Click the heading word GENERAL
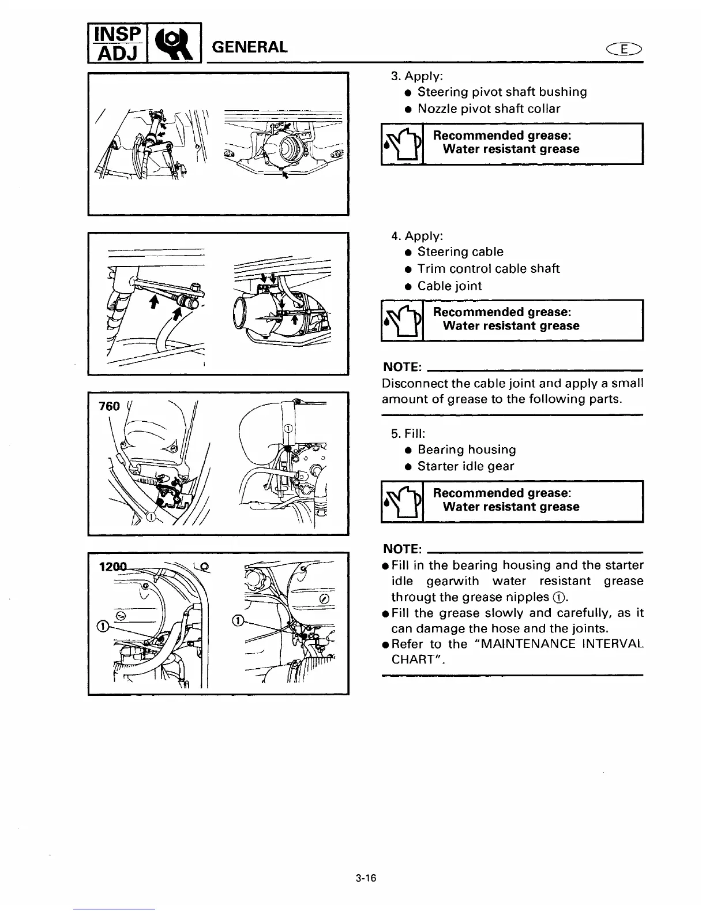pyautogui.click(x=250, y=47)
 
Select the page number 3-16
pyautogui.click(x=366, y=878)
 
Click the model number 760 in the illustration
pyautogui.click(x=110, y=406)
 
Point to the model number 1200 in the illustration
pyautogui.click(x=113, y=567)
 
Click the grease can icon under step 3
pyautogui.click(x=403, y=144)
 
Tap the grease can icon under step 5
pyautogui.click(x=403, y=501)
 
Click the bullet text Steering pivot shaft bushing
pyautogui.click(x=502, y=92)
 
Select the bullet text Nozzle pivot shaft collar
pyautogui.click(x=489, y=108)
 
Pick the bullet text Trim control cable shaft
pyautogui.click(x=488, y=268)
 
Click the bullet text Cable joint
pyautogui.click(x=449, y=286)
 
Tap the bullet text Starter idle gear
pyautogui.click(x=465, y=466)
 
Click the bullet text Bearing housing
pyautogui.click(x=466, y=449)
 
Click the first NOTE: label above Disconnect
pyautogui.click(x=402, y=368)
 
